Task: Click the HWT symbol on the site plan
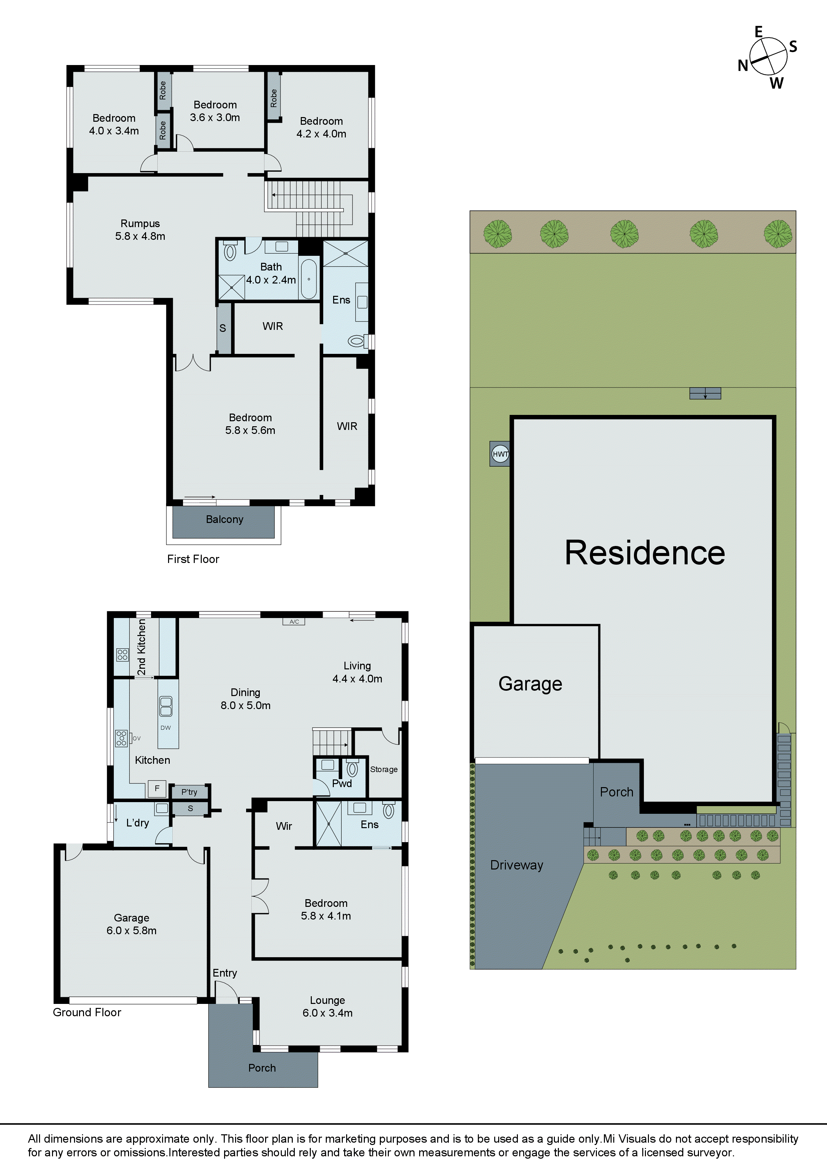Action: coord(500,454)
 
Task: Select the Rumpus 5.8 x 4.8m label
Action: coord(140,230)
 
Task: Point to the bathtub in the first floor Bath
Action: coord(308,279)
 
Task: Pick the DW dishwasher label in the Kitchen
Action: coord(166,728)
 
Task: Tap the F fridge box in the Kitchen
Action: coord(157,788)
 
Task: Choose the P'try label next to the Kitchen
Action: coord(189,792)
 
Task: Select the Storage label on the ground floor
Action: coord(384,769)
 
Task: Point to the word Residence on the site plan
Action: coord(645,553)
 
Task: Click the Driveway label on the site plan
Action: coord(517,865)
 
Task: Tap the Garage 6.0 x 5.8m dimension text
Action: coord(131,931)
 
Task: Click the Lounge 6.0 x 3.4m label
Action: coord(328,1007)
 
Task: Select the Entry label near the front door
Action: coord(225,973)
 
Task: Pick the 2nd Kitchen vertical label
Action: coord(142,647)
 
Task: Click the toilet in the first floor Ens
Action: coord(356,341)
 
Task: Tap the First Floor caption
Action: coord(193,559)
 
